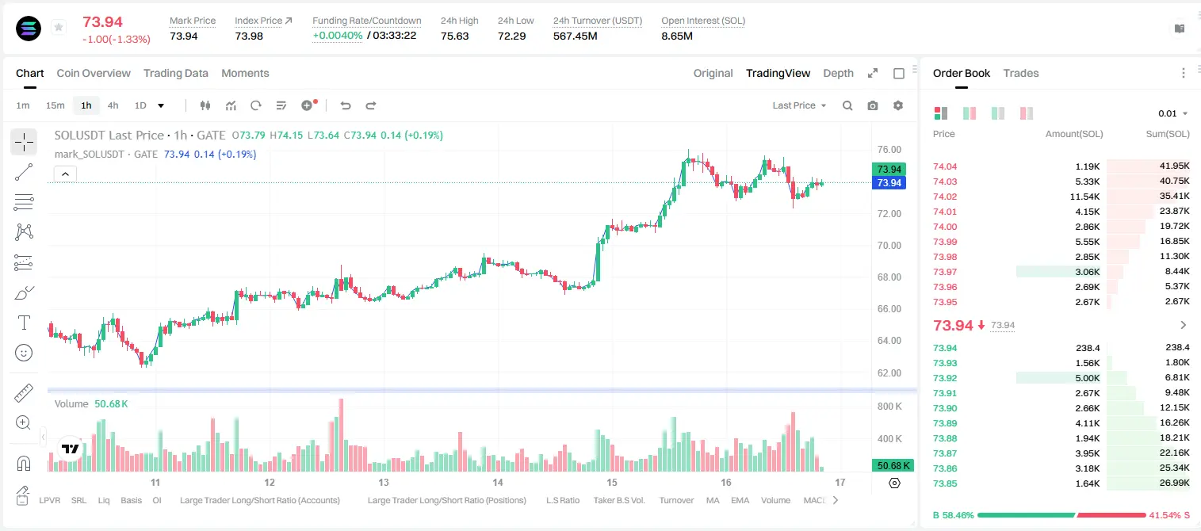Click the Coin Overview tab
pyautogui.click(x=94, y=73)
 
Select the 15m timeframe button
pyautogui.click(x=55, y=105)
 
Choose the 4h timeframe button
pyautogui.click(x=113, y=105)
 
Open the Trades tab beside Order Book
pyautogui.click(x=1020, y=73)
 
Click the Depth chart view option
pyautogui.click(x=838, y=73)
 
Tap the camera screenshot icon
pyautogui.click(x=873, y=105)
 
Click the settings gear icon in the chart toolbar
pyautogui.click(x=898, y=105)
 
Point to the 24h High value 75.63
pyautogui.click(x=455, y=36)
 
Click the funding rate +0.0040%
pyautogui.click(x=337, y=36)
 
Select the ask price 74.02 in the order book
pyautogui.click(x=945, y=197)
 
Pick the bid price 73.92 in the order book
pyautogui.click(x=945, y=378)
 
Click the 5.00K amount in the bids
pyautogui.click(x=1088, y=378)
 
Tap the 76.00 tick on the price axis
pyautogui.click(x=889, y=150)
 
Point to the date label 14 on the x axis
pyautogui.click(x=498, y=482)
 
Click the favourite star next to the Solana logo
pyautogui.click(x=59, y=27)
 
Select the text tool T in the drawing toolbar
pyautogui.click(x=24, y=323)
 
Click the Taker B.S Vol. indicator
pyautogui.click(x=618, y=500)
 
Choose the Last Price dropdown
pyautogui.click(x=799, y=105)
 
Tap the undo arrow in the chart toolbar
pyautogui.click(x=346, y=105)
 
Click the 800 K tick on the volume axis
pyautogui.click(x=889, y=406)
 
